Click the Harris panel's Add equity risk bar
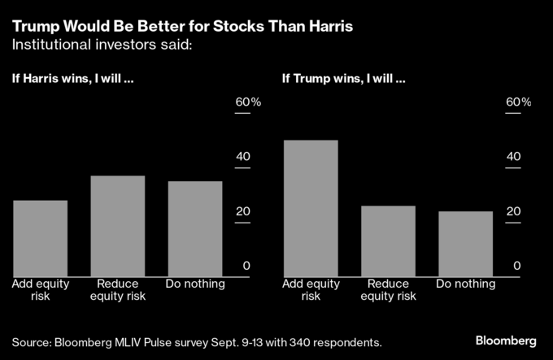click(41, 238)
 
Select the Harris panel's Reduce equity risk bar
click(118, 226)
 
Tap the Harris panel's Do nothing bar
click(195, 228)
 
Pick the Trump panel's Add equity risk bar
click(311, 208)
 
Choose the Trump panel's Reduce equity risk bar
click(388, 241)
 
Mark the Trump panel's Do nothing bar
click(465, 244)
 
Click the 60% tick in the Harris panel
click(248, 103)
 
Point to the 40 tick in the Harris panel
click(243, 158)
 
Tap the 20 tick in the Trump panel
click(513, 212)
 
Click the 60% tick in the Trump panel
click(518, 103)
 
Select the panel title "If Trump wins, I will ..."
click(343, 80)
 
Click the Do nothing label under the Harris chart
click(195, 284)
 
